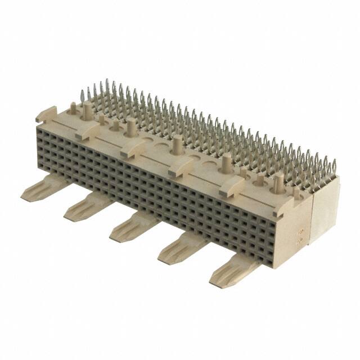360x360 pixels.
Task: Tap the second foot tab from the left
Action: click(x=84, y=208)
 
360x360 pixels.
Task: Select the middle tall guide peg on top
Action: click(x=177, y=146)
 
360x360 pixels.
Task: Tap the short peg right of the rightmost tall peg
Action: click(x=296, y=193)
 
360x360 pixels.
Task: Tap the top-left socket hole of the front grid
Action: click(x=40, y=129)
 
